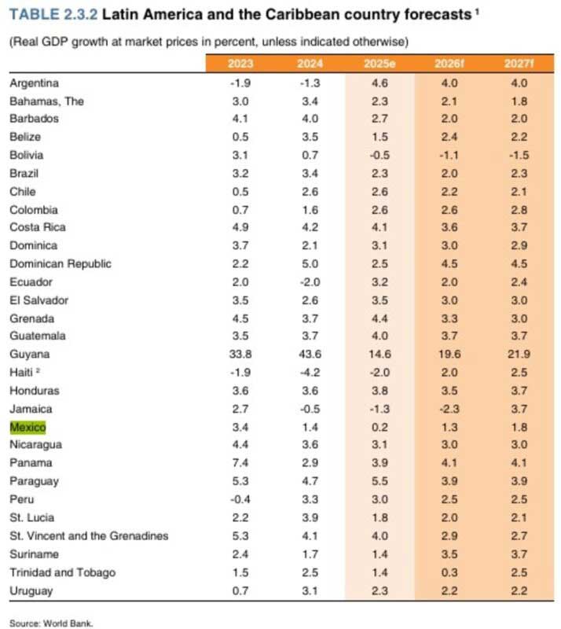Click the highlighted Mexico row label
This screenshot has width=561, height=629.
pos(27,427)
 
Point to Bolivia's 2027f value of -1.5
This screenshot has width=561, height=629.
pos(518,156)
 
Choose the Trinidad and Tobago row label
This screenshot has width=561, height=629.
pos(62,572)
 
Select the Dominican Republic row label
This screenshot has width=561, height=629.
pos(60,263)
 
